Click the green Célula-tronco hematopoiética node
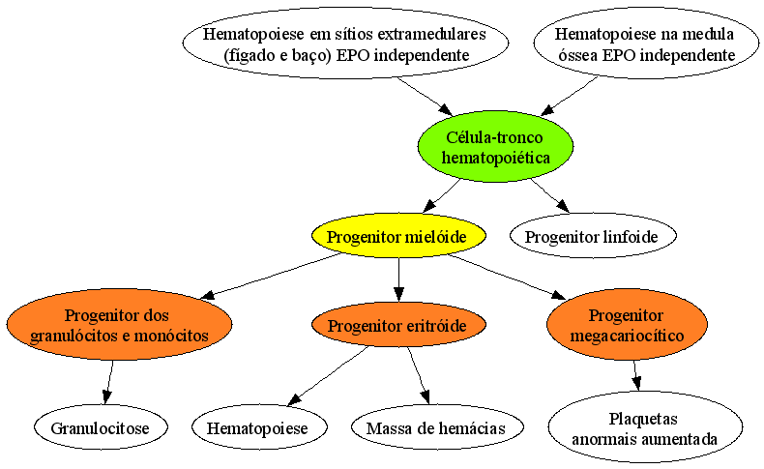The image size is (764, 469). [495, 147]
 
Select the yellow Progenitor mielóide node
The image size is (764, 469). [399, 236]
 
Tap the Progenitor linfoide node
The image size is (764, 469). [593, 236]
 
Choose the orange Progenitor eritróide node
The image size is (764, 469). [399, 325]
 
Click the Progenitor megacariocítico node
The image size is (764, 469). [627, 325]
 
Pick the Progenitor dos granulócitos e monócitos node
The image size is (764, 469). [119, 325]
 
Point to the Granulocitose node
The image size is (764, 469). [101, 427]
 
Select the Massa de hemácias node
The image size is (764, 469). [437, 427]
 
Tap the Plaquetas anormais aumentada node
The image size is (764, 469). [645, 427]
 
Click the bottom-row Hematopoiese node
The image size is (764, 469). [259, 427]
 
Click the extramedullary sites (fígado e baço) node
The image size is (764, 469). [346, 44]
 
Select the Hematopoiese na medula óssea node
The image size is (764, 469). [646, 44]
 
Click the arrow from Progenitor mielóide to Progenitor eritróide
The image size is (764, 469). [399, 279]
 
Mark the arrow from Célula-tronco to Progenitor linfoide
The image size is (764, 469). [549, 195]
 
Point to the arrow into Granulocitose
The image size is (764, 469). [108, 382]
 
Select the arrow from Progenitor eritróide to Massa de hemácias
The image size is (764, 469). [419, 375]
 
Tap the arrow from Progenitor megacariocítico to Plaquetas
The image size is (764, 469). [635, 375]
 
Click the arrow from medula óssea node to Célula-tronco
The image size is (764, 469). [569, 96]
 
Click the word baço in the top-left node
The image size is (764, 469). [305, 55]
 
